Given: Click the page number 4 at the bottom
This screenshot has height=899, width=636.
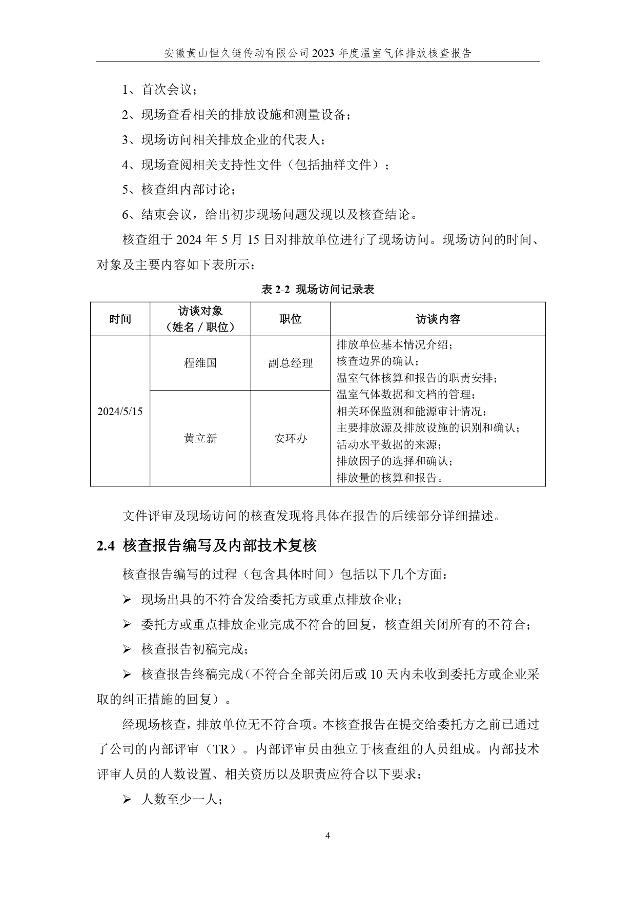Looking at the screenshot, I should (328, 836).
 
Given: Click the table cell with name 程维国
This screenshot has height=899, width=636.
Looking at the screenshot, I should (200, 363).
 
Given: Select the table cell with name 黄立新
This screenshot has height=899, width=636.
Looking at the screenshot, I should (200, 438).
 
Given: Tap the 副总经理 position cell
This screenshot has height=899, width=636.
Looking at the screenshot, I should (291, 363).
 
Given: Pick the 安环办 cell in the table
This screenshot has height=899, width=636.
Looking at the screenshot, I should (291, 438).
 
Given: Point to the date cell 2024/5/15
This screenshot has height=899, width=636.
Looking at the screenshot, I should (120, 411).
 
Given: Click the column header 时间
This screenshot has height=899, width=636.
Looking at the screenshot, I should (120, 319).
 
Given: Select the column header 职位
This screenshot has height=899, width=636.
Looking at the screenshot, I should (291, 319).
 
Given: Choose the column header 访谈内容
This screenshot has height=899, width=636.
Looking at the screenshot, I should (438, 319).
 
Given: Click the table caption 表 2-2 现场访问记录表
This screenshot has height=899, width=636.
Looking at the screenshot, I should (318, 290).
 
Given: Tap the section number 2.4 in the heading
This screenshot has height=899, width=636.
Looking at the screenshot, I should (105, 546).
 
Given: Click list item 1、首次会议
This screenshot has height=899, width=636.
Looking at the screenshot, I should (159, 90).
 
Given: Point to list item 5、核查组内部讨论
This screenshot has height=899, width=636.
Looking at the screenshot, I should (179, 190).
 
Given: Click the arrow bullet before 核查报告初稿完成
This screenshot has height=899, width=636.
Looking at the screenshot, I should (127, 649).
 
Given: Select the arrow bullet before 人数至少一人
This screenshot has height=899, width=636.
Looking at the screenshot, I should (127, 799).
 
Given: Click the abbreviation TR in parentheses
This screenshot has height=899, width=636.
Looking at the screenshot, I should (221, 749).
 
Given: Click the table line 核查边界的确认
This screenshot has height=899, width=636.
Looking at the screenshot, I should (378, 361).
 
